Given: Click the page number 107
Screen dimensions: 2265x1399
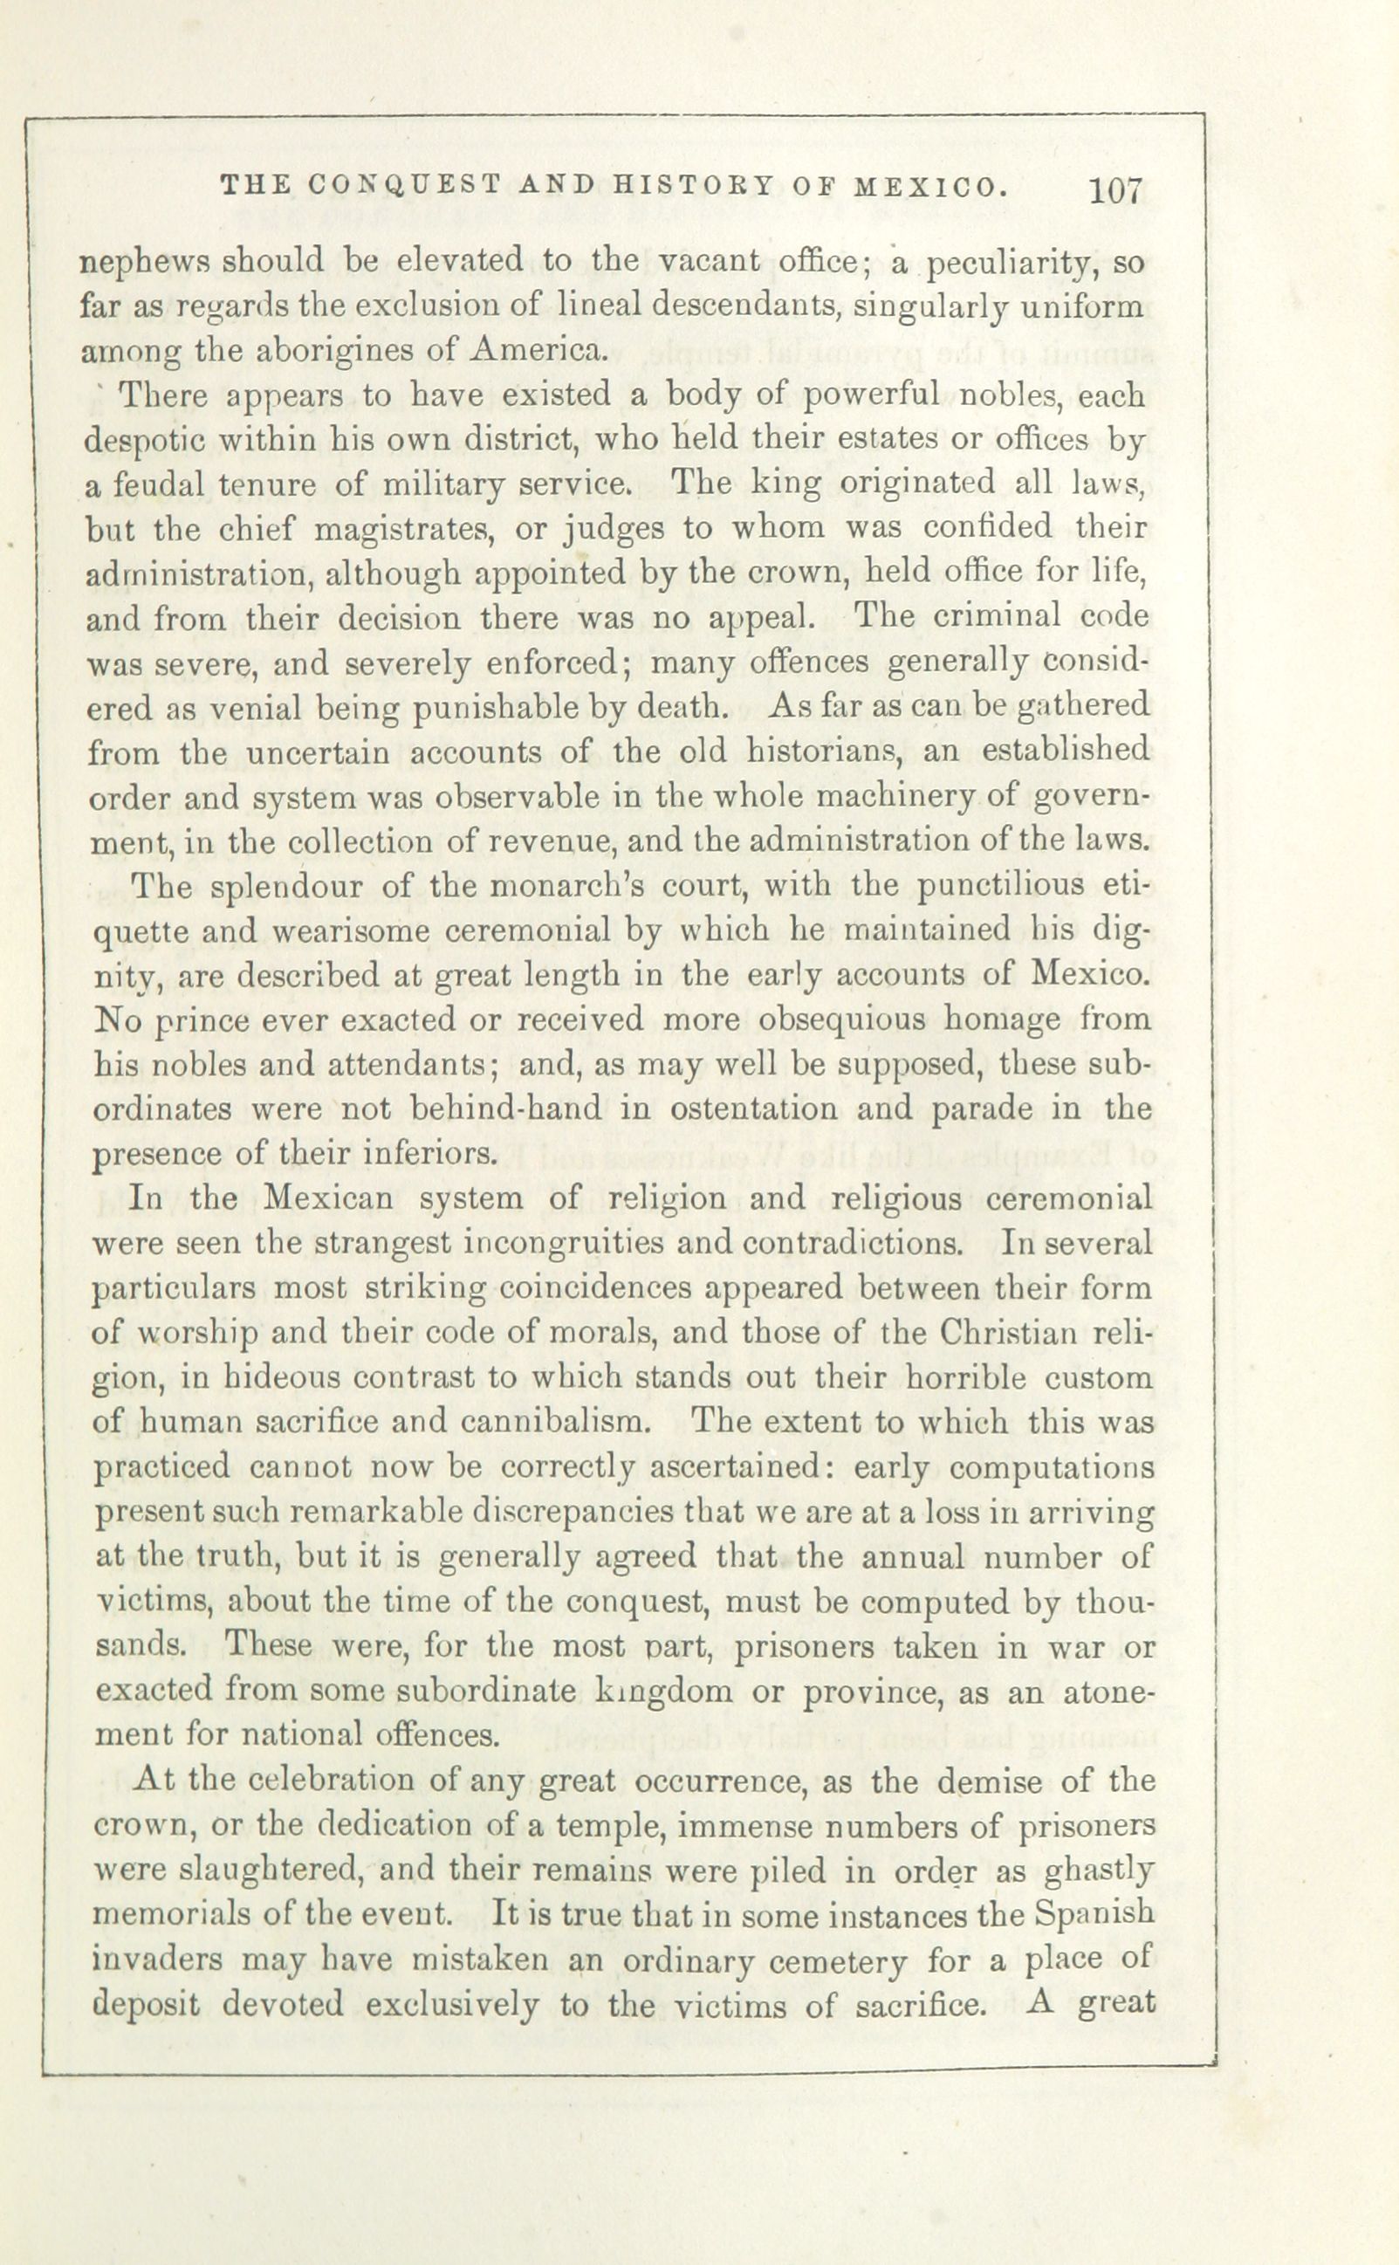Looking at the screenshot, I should click(1118, 191).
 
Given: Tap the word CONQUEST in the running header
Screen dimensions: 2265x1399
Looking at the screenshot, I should click(400, 185).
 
